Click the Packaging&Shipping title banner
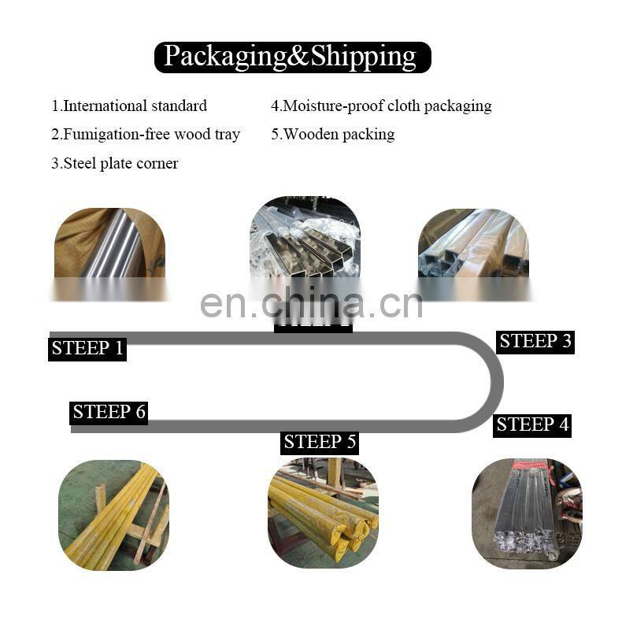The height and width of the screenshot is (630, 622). coord(292,57)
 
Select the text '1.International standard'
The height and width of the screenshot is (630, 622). coord(129,106)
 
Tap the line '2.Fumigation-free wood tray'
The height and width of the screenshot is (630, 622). coord(146,134)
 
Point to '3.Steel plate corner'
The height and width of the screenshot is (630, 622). coord(115,163)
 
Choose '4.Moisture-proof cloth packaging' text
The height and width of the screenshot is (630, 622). coord(381,106)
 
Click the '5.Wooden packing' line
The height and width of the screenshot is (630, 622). coord(332,134)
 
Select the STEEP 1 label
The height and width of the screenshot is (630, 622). coord(87,348)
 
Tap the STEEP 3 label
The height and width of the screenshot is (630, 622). coord(535,341)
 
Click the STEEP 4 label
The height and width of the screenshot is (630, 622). coord(532,424)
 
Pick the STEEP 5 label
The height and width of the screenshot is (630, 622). coord(320,442)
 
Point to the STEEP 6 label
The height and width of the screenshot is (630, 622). coord(109,411)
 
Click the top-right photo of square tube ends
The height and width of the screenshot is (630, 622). coord(473,243)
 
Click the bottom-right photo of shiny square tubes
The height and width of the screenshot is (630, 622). coord(527,513)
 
